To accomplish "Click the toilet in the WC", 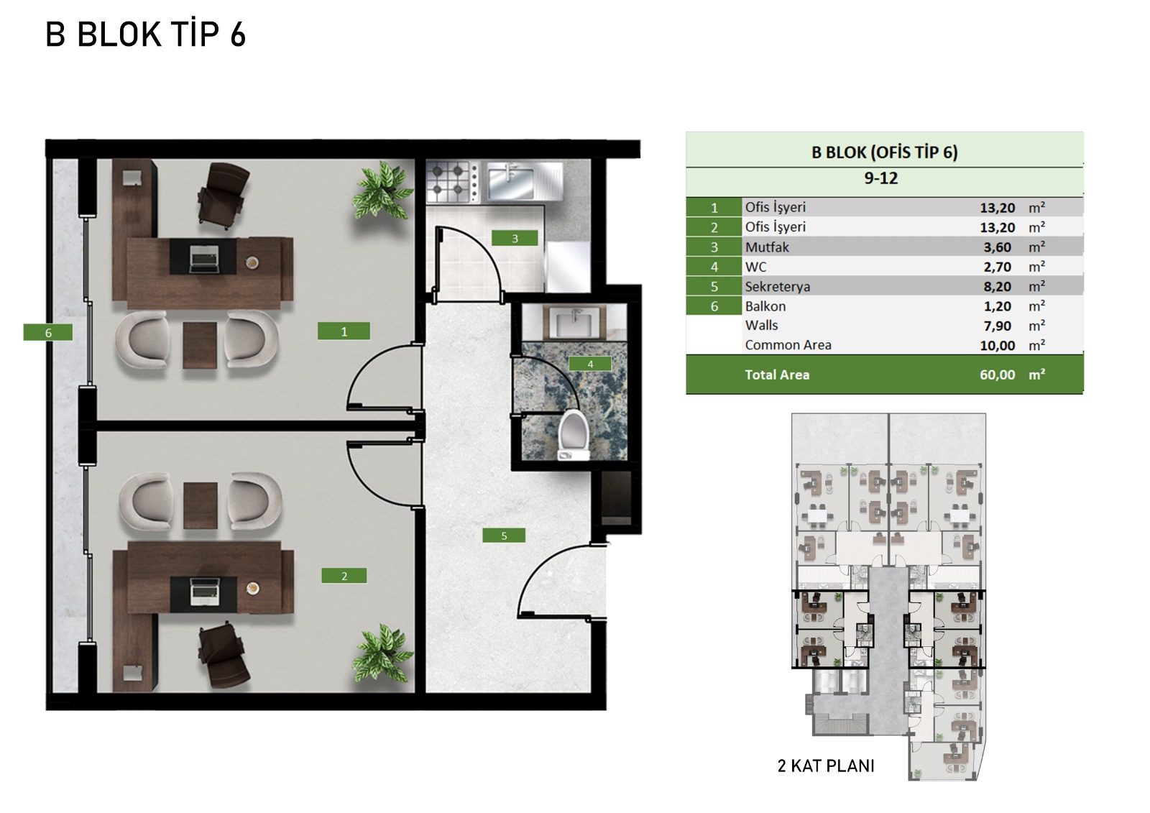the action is pyautogui.click(x=573, y=435).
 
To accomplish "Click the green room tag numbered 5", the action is pyautogui.click(x=504, y=536).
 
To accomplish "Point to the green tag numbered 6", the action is pyautogui.click(x=47, y=332).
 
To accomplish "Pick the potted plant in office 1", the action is pyautogui.click(x=382, y=190).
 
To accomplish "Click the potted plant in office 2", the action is pyautogui.click(x=382, y=653).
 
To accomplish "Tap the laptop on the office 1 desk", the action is pyautogui.click(x=204, y=258).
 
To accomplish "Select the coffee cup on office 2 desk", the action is pyautogui.click(x=252, y=588).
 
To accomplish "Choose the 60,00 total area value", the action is pyautogui.click(x=997, y=375).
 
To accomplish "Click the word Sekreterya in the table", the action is pyautogui.click(x=777, y=287).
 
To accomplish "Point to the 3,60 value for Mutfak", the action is pyautogui.click(x=997, y=247).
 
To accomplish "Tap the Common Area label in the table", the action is pyautogui.click(x=788, y=345).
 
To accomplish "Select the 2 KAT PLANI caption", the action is pyautogui.click(x=826, y=766).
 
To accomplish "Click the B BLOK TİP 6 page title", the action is pyautogui.click(x=146, y=35).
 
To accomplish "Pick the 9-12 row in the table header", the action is pyautogui.click(x=881, y=178).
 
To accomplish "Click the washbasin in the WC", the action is pyautogui.click(x=574, y=322).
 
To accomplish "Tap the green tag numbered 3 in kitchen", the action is pyautogui.click(x=515, y=238).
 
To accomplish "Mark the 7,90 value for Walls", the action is pyautogui.click(x=997, y=326).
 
